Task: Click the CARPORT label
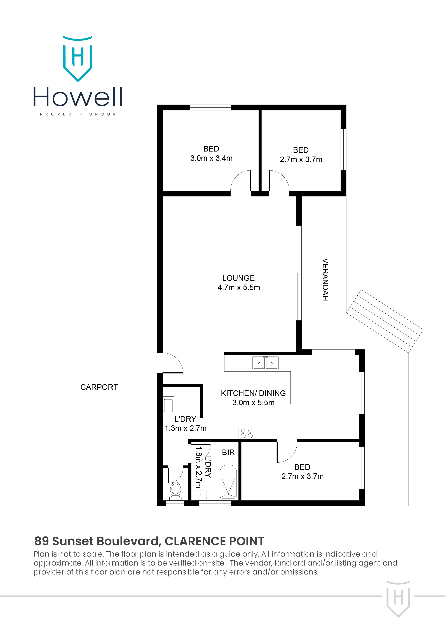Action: coord(99,387)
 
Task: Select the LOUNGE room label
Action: coord(238,278)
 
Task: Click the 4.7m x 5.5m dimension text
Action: coord(238,288)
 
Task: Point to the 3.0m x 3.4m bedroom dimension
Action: coord(211,158)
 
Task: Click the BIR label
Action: coord(228,453)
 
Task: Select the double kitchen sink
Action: coord(265,363)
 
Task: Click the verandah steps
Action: coord(385,321)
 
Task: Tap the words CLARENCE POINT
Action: coord(214,541)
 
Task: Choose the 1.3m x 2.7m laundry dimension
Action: coord(186,428)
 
